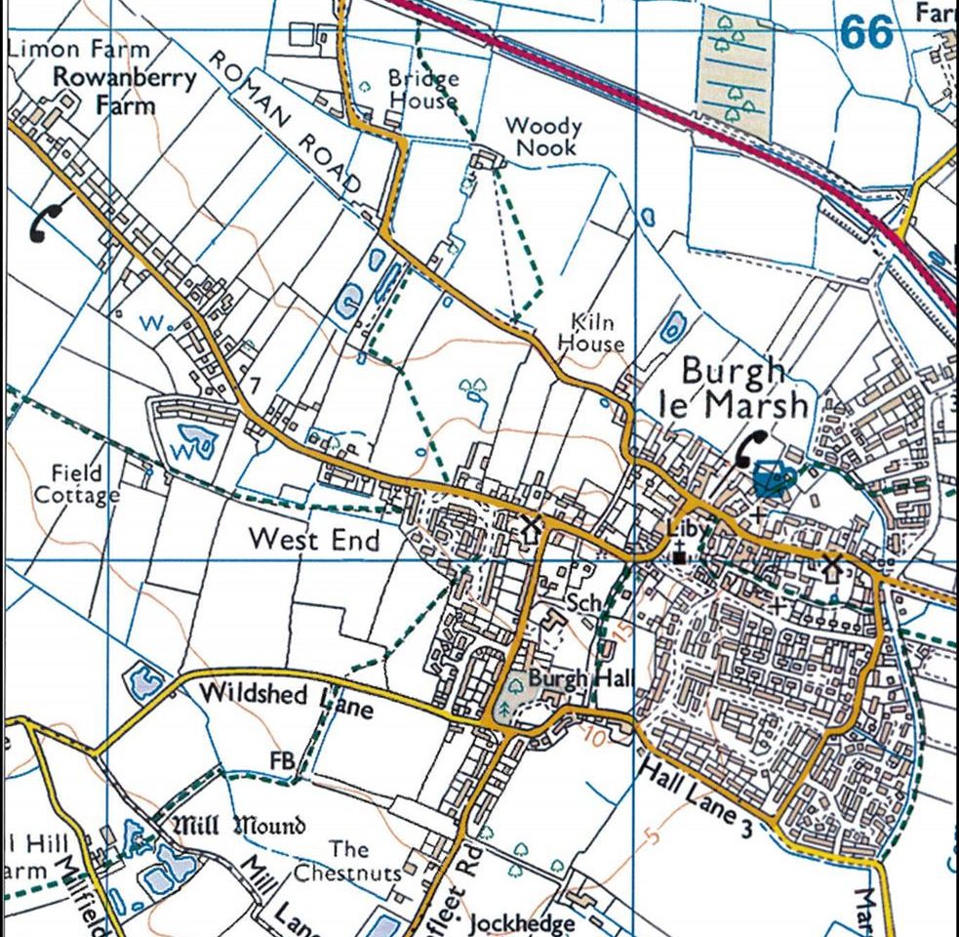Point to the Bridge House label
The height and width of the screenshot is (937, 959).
pyautogui.click(x=422, y=89)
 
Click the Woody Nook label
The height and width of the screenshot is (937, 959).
pyautogui.click(x=543, y=137)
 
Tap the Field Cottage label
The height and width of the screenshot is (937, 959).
pyautogui.click(x=77, y=484)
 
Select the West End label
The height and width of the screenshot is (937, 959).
pyautogui.click(x=314, y=539)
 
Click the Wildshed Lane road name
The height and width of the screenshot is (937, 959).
pyautogui.click(x=285, y=699)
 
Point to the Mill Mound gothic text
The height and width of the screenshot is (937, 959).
pyautogui.click(x=239, y=826)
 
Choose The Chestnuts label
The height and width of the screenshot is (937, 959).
pyautogui.click(x=348, y=861)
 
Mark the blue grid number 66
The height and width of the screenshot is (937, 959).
pyautogui.click(x=865, y=33)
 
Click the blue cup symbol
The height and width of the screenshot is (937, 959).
pyautogui.click(x=774, y=480)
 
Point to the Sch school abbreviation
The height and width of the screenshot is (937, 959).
pyautogui.click(x=584, y=603)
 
